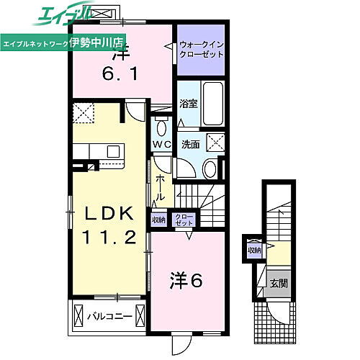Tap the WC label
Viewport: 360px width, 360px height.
[161, 143]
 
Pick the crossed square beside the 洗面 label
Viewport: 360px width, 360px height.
[215, 141]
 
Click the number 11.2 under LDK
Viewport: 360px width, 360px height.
[108, 238]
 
